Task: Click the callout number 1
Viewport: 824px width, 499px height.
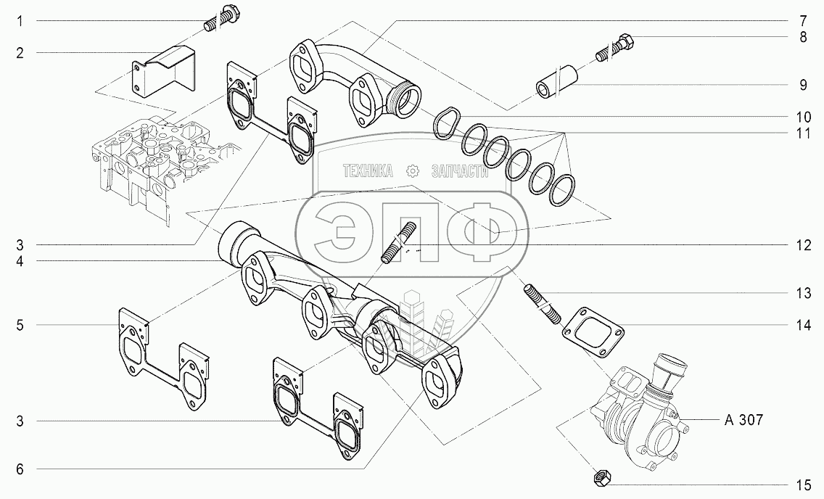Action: click(x=20, y=22)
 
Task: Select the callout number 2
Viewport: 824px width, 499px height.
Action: click(x=20, y=52)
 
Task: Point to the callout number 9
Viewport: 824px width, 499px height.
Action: click(x=803, y=85)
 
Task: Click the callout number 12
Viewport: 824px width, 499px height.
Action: click(x=803, y=245)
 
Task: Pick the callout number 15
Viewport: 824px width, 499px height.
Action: click(x=803, y=484)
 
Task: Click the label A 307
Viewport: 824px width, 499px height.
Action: click(x=743, y=420)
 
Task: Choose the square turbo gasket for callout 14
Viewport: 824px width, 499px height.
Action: click(x=593, y=330)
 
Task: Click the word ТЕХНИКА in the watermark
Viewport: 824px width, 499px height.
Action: click(x=368, y=171)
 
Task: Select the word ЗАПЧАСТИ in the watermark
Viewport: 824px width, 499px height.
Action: click(x=460, y=171)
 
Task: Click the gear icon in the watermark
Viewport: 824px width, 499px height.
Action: click(x=412, y=171)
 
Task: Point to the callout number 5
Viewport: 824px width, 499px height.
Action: click(x=20, y=325)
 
